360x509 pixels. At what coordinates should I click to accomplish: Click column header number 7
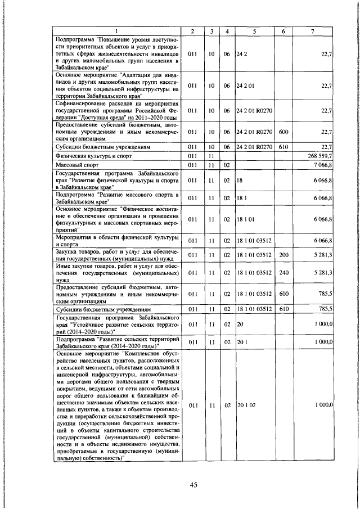pos(313,31)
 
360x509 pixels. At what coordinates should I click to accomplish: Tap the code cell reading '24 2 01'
pos(246,86)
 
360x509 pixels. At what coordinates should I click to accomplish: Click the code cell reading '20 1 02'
pos(246,404)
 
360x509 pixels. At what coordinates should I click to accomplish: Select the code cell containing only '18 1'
pos(241,199)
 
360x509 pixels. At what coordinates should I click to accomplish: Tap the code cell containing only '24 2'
pos(241,54)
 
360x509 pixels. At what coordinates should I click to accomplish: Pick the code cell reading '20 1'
pos(241,341)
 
